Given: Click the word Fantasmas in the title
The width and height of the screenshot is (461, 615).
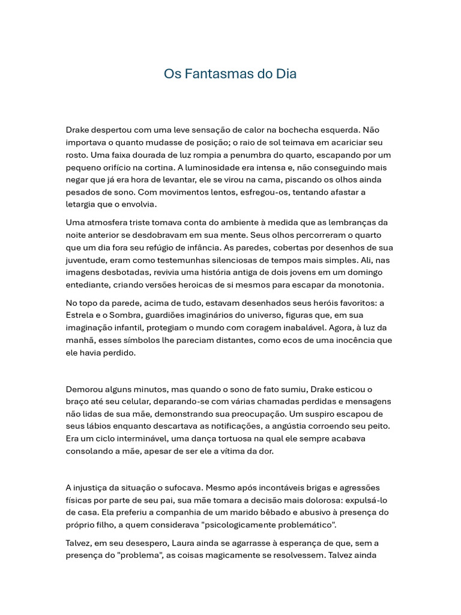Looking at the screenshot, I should [217, 74].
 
